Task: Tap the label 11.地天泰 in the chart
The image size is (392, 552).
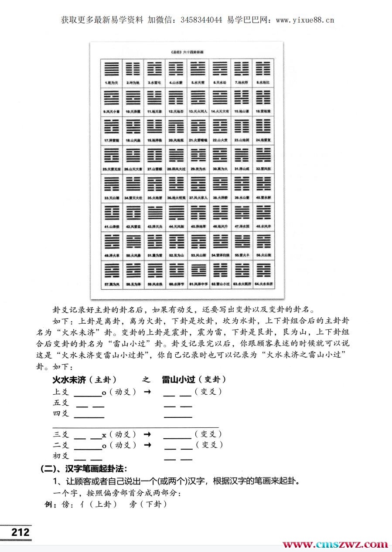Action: point(155,112)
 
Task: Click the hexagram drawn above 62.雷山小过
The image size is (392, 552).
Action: point(220,270)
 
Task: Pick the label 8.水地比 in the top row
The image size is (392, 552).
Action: point(264,82)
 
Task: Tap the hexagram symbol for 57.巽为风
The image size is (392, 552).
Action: point(112,270)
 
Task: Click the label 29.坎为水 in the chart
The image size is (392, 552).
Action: point(198,169)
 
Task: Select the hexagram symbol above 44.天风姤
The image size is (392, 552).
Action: point(177,213)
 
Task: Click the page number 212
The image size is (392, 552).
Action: point(20,532)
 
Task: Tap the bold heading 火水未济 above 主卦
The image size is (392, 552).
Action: point(69,379)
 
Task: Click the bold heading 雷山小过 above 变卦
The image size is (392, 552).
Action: point(178,379)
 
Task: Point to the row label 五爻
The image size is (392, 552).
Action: point(61,403)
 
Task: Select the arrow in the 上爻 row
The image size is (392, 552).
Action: point(147,392)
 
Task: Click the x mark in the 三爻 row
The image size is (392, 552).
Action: point(104,435)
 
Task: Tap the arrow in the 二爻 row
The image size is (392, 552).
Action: point(147,445)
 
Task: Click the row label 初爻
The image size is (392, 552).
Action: point(61,456)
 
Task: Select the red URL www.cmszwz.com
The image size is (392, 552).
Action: point(335,544)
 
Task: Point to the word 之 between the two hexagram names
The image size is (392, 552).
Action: point(146,379)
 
